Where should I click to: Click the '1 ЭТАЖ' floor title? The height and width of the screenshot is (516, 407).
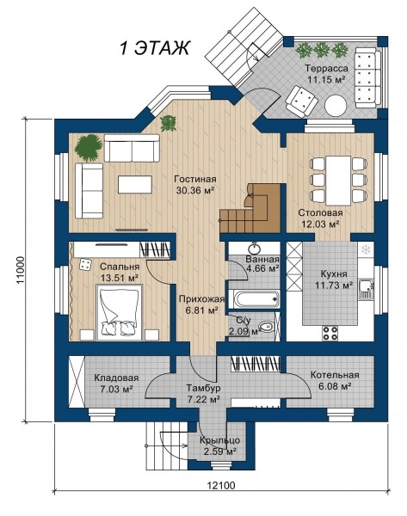154,47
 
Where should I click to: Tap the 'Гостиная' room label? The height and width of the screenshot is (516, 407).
195,179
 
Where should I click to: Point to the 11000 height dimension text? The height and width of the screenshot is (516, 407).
22,271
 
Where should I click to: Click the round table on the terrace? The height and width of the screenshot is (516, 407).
336,106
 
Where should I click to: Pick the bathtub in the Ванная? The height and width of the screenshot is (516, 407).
254,298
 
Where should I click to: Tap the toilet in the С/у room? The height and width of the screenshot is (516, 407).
266,327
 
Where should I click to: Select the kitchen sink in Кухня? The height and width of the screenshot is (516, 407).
366,289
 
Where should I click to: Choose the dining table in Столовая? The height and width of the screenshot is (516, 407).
338,181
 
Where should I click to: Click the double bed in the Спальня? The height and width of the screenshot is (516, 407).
120,312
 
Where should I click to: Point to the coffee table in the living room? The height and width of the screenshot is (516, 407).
135,184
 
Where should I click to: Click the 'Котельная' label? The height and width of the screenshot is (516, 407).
335,375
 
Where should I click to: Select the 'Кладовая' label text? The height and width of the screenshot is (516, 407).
116,378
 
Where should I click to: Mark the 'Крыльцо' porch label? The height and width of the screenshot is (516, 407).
219,440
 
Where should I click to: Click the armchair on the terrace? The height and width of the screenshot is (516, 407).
302,101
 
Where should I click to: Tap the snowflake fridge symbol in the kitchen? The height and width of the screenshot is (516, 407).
366,249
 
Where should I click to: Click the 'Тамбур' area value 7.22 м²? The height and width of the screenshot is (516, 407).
203,400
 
